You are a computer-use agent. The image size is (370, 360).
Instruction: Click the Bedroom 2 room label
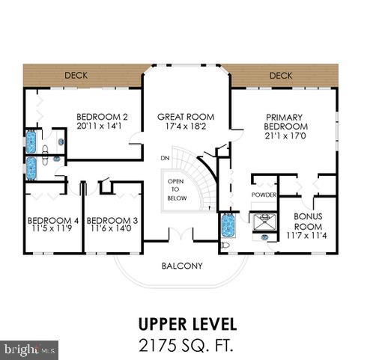pyautogui.click(x=102, y=117)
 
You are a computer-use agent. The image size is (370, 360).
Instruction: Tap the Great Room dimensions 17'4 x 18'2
pyautogui.click(x=186, y=126)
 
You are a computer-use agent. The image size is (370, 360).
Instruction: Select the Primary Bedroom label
pyautogui.click(x=285, y=122)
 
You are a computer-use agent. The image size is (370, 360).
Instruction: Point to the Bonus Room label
pyautogui.click(x=308, y=222)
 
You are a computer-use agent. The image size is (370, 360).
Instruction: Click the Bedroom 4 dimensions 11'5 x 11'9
pyautogui.click(x=52, y=228)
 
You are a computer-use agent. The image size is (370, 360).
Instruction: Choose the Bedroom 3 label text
pyautogui.click(x=112, y=221)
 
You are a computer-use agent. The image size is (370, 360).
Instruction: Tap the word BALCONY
pyautogui.click(x=182, y=266)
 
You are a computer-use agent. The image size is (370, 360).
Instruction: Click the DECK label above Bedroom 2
pyautogui.click(x=76, y=76)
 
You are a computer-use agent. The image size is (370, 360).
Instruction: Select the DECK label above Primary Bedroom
pyautogui.click(x=281, y=76)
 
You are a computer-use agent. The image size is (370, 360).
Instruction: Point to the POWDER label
pyautogui.click(x=264, y=195)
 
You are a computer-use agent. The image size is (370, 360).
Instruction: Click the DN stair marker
pyautogui.click(x=165, y=158)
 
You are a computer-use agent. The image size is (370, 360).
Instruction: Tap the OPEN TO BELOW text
pyautogui.click(x=177, y=189)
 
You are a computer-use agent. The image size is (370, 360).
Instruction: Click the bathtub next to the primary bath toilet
pyautogui.click(x=228, y=225)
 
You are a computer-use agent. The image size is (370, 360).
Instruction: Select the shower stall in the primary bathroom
pyautogui.click(x=265, y=221)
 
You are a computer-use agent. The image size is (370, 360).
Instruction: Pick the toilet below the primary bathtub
pyautogui.click(x=225, y=245)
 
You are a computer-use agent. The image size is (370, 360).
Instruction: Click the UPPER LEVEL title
pyautogui.click(x=187, y=324)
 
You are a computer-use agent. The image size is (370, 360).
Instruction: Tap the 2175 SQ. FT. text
pyautogui.click(x=186, y=345)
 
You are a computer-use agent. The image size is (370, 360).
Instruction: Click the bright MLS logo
pyautogui.click(x=29, y=350)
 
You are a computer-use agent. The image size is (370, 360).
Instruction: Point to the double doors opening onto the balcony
pyautogui.click(x=181, y=234)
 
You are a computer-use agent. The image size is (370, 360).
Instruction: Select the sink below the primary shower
pyautogui.click(x=264, y=237)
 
